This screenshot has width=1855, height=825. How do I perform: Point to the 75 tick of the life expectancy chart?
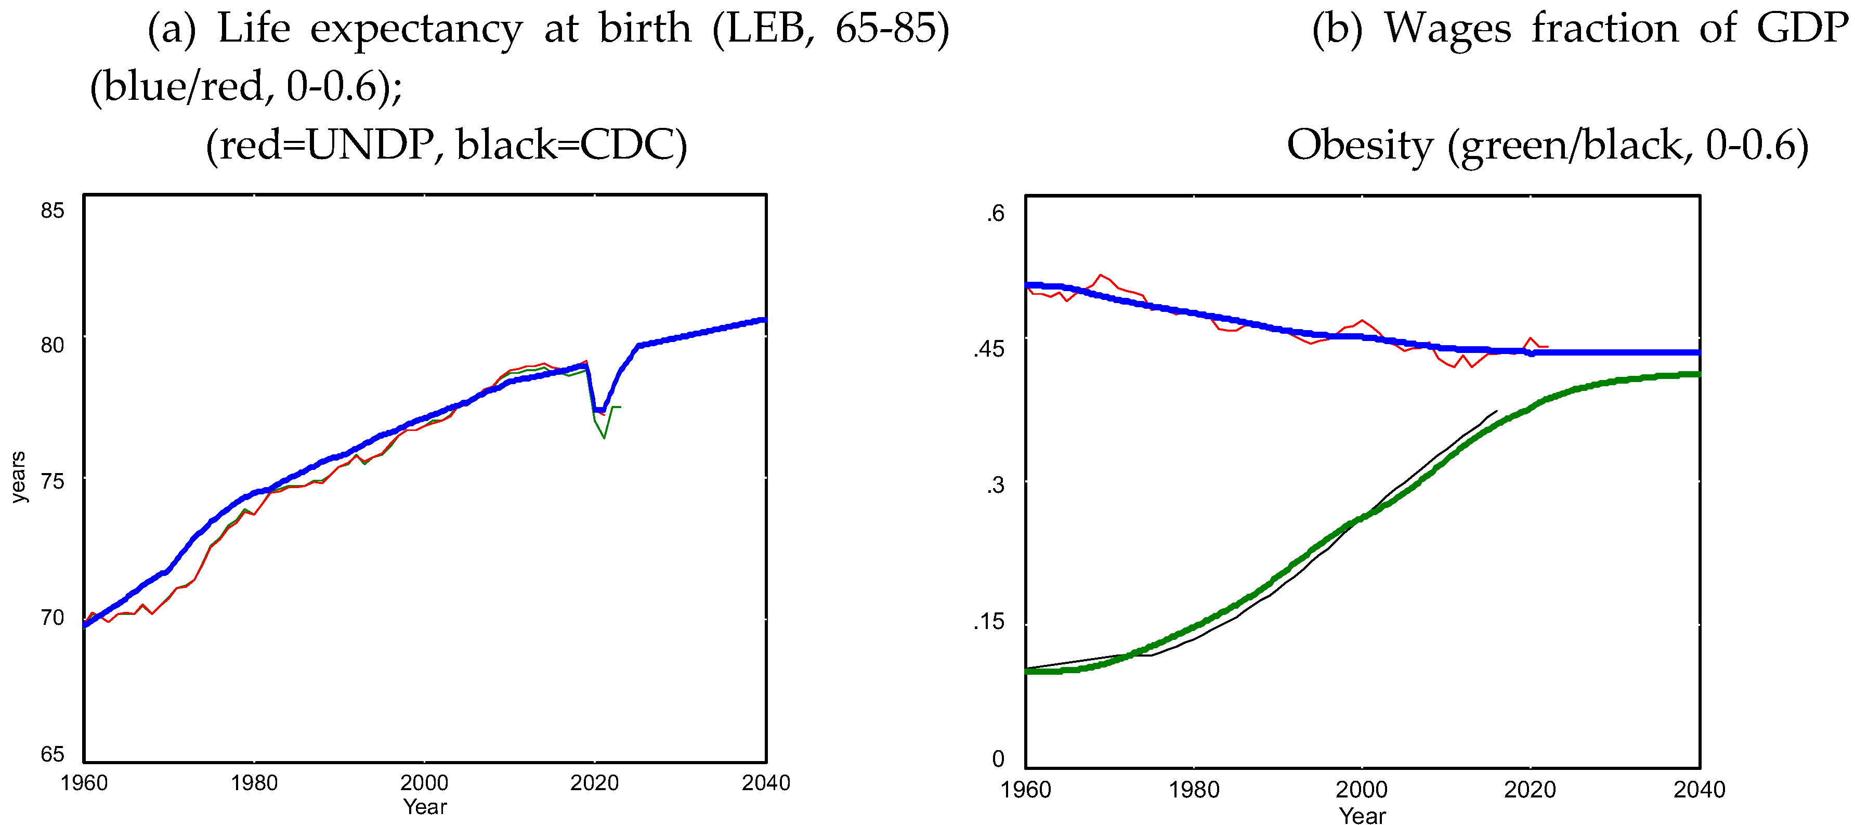(52, 481)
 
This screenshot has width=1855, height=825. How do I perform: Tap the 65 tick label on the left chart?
(52, 754)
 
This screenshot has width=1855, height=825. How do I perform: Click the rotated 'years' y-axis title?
(18, 477)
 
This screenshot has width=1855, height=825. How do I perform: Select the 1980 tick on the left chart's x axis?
(254, 782)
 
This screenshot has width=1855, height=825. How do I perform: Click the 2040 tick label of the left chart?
(765, 782)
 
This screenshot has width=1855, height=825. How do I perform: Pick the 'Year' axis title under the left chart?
(425, 807)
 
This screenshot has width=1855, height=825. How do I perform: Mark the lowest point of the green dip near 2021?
(604, 438)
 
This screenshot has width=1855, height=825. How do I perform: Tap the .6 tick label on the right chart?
(995, 213)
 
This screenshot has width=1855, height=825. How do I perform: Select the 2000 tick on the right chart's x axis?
(1361, 790)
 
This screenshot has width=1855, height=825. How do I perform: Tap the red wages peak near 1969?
(1100, 274)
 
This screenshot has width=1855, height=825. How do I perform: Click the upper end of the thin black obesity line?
(1496, 411)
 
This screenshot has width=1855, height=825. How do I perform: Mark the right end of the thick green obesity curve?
(1698, 374)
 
